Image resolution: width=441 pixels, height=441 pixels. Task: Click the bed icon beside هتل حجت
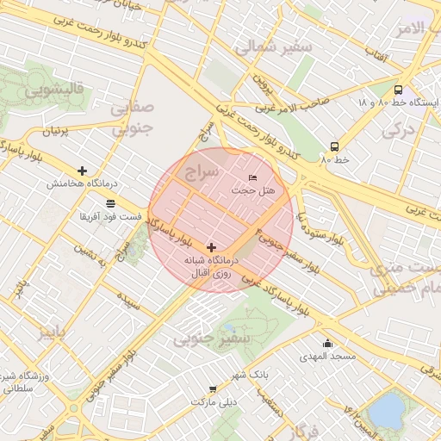252,177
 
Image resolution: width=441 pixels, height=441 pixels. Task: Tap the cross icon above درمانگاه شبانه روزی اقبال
211,247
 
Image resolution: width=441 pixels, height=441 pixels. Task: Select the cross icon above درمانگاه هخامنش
82,171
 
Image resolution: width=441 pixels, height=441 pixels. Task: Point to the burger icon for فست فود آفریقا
110,203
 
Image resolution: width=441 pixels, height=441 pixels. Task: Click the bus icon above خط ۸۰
334,146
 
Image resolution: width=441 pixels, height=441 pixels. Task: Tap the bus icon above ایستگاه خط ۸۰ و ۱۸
398,90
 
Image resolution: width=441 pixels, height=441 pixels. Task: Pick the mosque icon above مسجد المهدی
326,343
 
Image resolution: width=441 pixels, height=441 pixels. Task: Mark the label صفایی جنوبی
134,119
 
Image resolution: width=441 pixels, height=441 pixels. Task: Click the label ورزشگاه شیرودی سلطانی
23,383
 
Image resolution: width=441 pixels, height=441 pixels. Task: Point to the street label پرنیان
54,132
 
